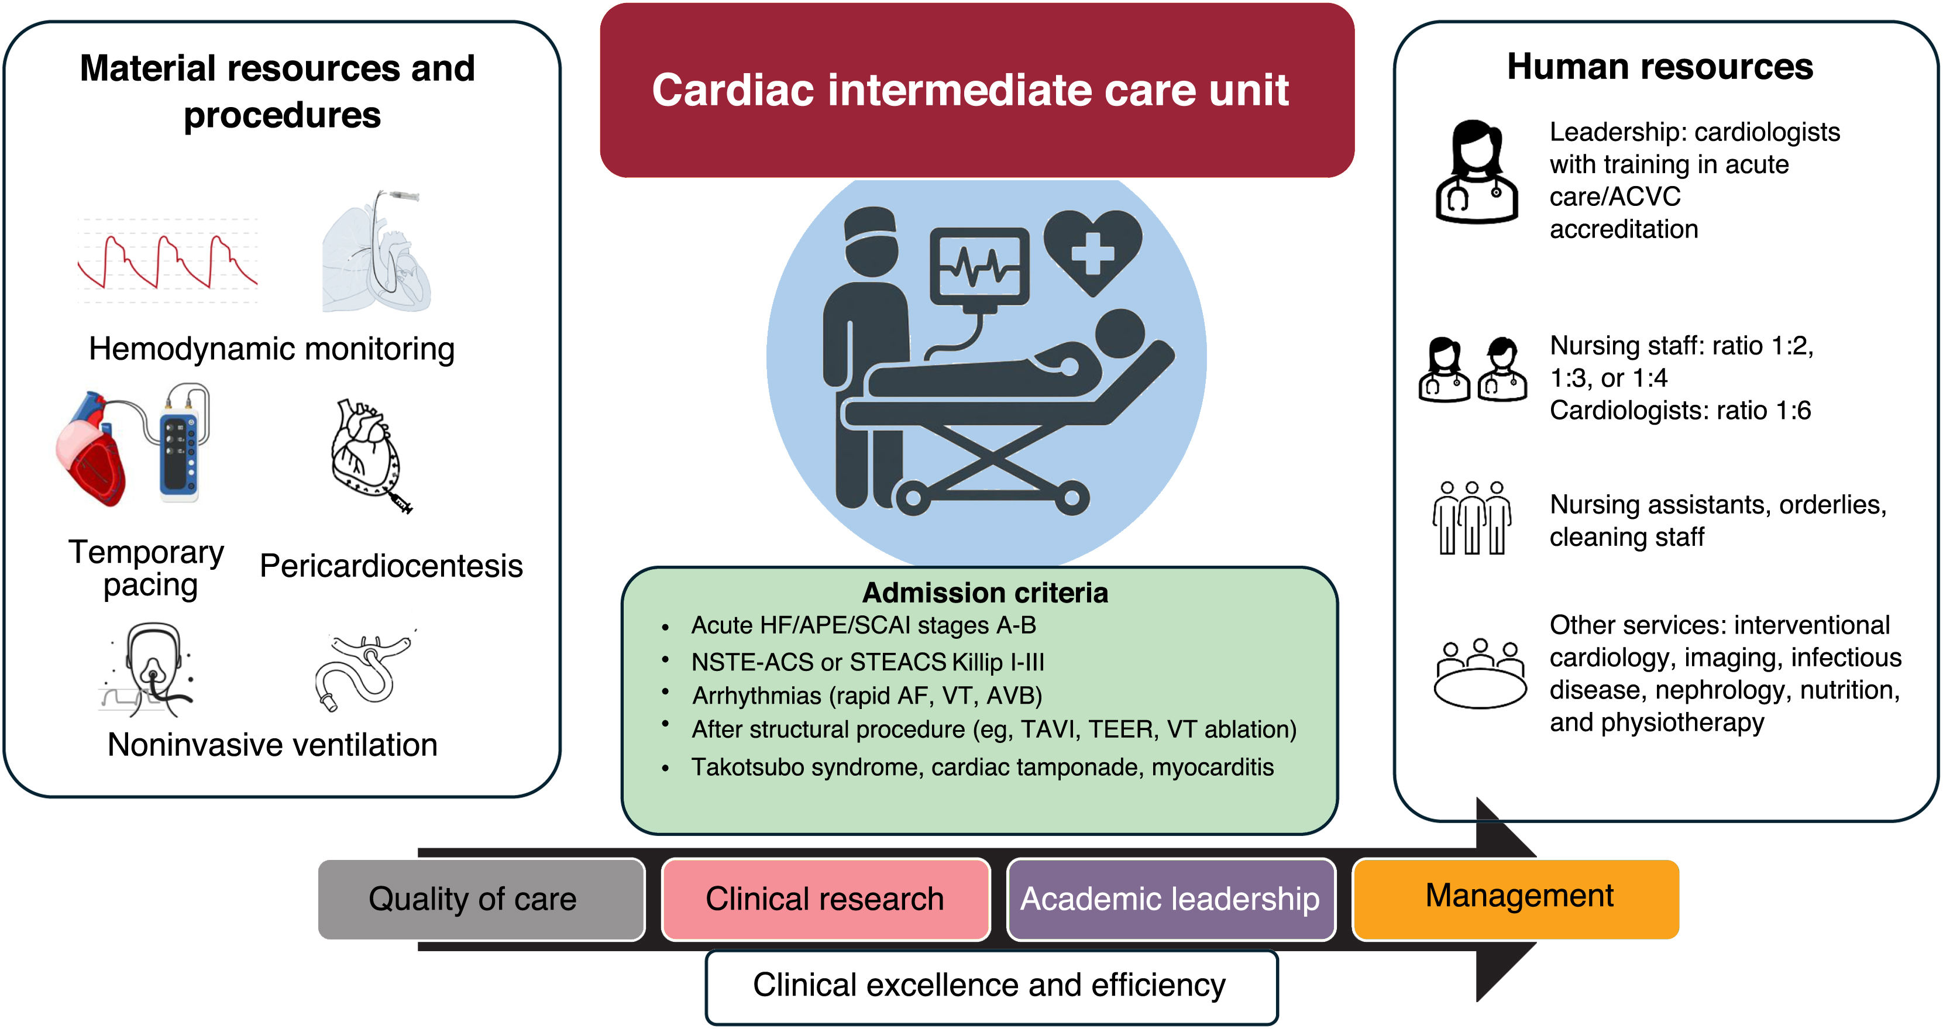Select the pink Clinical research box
(x=825, y=899)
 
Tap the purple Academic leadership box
(x=1171, y=899)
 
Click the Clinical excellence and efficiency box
(x=991, y=986)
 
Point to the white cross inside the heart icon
(x=1092, y=253)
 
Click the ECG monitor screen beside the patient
(x=979, y=266)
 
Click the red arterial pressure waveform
(x=167, y=261)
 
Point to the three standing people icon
(x=1471, y=518)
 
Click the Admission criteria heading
(x=985, y=593)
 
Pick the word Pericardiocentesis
(x=391, y=566)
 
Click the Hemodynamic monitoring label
(x=271, y=349)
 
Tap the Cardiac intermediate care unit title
(x=970, y=91)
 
